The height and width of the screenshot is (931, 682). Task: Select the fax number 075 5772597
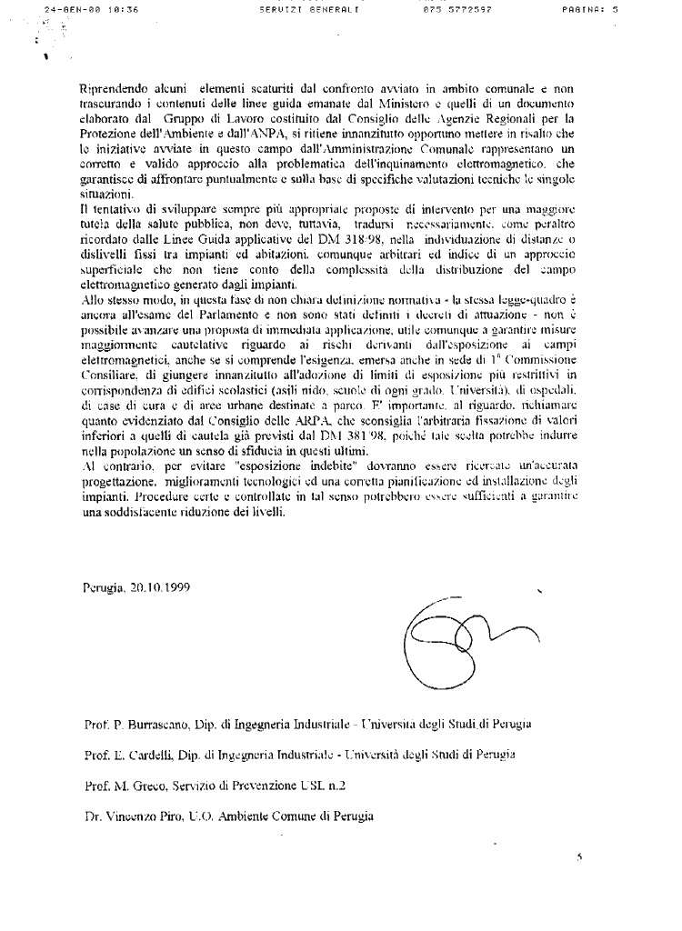(x=458, y=10)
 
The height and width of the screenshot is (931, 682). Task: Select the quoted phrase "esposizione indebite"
(x=301, y=465)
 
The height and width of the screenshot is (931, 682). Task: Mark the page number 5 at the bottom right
(x=578, y=856)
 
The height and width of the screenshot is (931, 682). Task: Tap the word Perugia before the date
(x=102, y=589)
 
